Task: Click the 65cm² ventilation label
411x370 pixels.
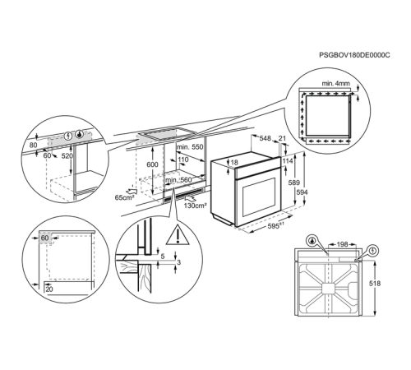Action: coord(125,198)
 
